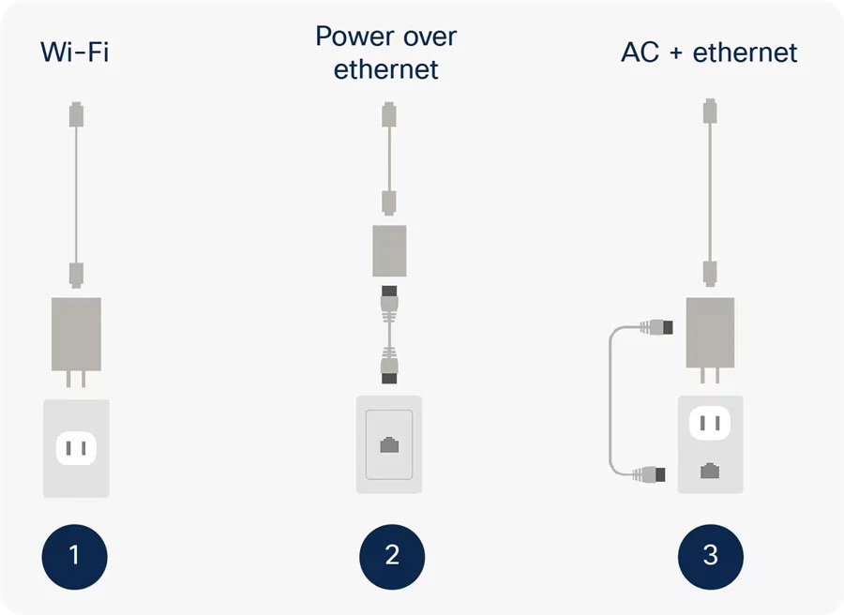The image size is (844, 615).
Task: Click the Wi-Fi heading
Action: tap(75, 52)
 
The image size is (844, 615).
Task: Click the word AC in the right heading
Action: tap(640, 52)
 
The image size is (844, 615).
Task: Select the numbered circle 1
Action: tap(74, 556)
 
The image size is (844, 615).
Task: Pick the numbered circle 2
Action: tap(392, 556)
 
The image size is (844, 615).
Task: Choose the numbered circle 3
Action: tap(711, 556)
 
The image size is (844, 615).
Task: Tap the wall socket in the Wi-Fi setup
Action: tap(77, 448)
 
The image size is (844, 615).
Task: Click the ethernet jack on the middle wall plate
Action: tap(389, 445)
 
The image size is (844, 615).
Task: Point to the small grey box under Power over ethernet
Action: tap(389, 250)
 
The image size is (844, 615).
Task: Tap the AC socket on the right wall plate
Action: tap(710, 423)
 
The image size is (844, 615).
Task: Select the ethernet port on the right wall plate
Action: tap(710, 471)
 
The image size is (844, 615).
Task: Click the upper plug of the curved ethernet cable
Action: tap(656, 327)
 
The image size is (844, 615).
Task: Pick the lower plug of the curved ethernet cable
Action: tap(649, 474)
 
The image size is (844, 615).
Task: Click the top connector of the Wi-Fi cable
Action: tap(77, 114)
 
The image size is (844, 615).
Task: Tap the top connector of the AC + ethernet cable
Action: tap(710, 111)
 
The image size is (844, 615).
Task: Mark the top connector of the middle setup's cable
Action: tap(389, 114)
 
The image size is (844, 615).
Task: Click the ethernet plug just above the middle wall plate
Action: tap(389, 366)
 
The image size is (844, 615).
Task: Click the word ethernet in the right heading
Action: tap(745, 52)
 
